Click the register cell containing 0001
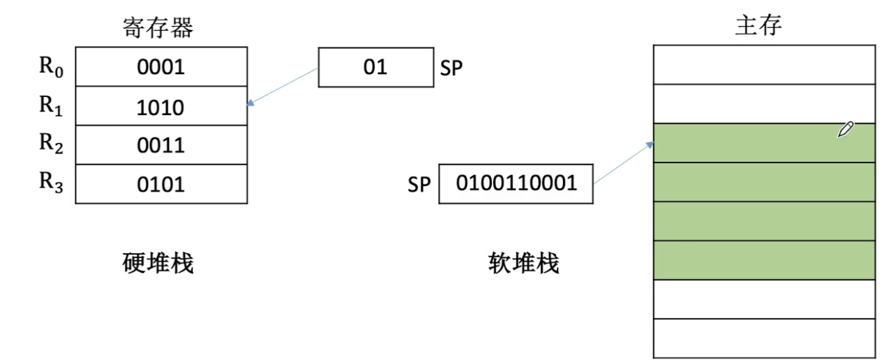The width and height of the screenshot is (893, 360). (161, 67)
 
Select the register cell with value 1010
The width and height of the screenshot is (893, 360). (161, 107)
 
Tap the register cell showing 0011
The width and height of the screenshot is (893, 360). (161, 145)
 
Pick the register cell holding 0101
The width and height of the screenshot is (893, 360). (161, 184)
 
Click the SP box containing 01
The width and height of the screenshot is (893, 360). (375, 68)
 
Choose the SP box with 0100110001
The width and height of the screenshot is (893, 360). (516, 183)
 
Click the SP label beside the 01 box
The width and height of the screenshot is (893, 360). (451, 69)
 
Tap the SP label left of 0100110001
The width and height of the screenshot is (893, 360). (419, 185)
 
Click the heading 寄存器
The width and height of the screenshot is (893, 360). (158, 27)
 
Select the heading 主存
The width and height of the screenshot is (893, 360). (758, 25)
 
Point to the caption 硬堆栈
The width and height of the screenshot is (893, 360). (158, 263)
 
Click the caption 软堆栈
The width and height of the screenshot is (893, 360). (523, 263)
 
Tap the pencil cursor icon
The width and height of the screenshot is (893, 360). (846, 129)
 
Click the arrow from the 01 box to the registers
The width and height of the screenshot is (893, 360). (283, 88)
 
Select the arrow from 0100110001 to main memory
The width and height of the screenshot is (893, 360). (623, 163)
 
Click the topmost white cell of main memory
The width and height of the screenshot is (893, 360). (764, 64)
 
